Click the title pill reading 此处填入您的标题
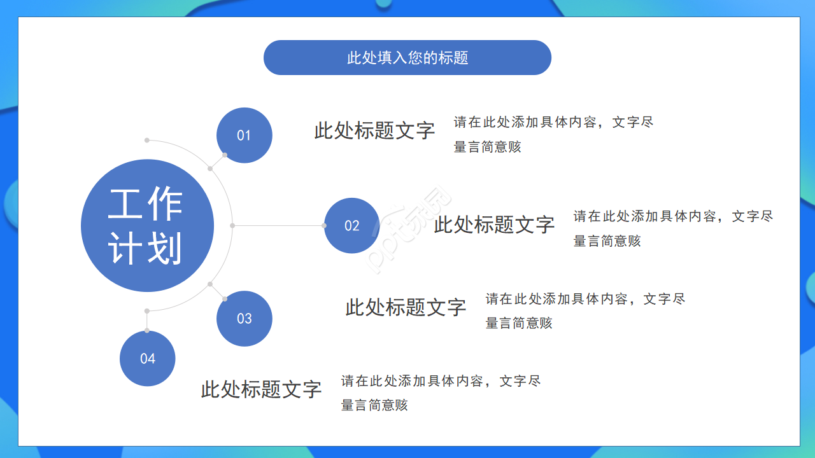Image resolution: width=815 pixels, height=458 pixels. pyautogui.click(x=407, y=58)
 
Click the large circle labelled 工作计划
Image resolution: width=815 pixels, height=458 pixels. pyautogui.click(x=147, y=226)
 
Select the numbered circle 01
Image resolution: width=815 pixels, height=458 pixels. pyautogui.click(x=244, y=135)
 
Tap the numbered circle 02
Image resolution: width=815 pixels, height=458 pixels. pyautogui.click(x=352, y=226)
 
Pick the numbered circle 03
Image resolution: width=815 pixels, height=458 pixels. pyautogui.click(x=244, y=319)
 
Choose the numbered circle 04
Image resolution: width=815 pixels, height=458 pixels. pyautogui.click(x=148, y=359)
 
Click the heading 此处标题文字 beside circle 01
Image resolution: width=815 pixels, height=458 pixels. pyautogui.click(x=374, y=130)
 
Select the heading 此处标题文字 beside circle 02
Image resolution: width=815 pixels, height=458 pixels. pyautogui.click(x=494, y=224)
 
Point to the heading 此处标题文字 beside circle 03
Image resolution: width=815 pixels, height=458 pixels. pyautogui.click(x=406, y=307)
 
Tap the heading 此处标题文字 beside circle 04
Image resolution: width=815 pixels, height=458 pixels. pyautogui.click(x=261, y=389)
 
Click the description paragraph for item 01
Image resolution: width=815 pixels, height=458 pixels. pyautogui.click(x=553, y=134)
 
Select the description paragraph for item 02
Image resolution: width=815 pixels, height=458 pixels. pyautogui.click(x=673, y=228)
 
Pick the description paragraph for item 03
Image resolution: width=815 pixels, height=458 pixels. pyautogui.click(x=585, y=310)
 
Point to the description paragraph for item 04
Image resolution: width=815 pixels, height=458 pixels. pyautogui.click(x=441, y=392)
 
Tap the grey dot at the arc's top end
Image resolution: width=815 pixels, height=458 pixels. pyautogui.click(x=147, y=140)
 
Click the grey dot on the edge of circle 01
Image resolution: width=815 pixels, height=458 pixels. pyautogui.click(x=225, y=155)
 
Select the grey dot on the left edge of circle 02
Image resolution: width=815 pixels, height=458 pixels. pyautogui.click(x=324, y=225)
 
